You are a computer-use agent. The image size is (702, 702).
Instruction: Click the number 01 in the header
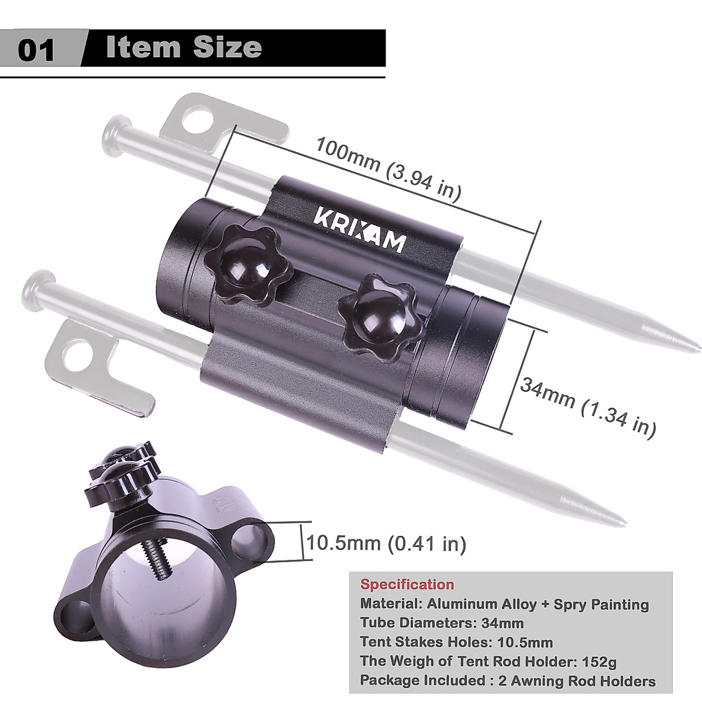36,49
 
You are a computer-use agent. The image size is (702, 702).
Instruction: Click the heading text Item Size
184,47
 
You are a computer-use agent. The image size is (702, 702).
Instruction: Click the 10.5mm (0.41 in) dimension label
387,543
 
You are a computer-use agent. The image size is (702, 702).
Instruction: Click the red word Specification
407,584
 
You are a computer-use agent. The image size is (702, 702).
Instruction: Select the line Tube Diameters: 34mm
442,623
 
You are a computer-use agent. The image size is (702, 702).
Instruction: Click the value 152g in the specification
600,662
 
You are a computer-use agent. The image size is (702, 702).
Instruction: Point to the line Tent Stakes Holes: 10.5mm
456,642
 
